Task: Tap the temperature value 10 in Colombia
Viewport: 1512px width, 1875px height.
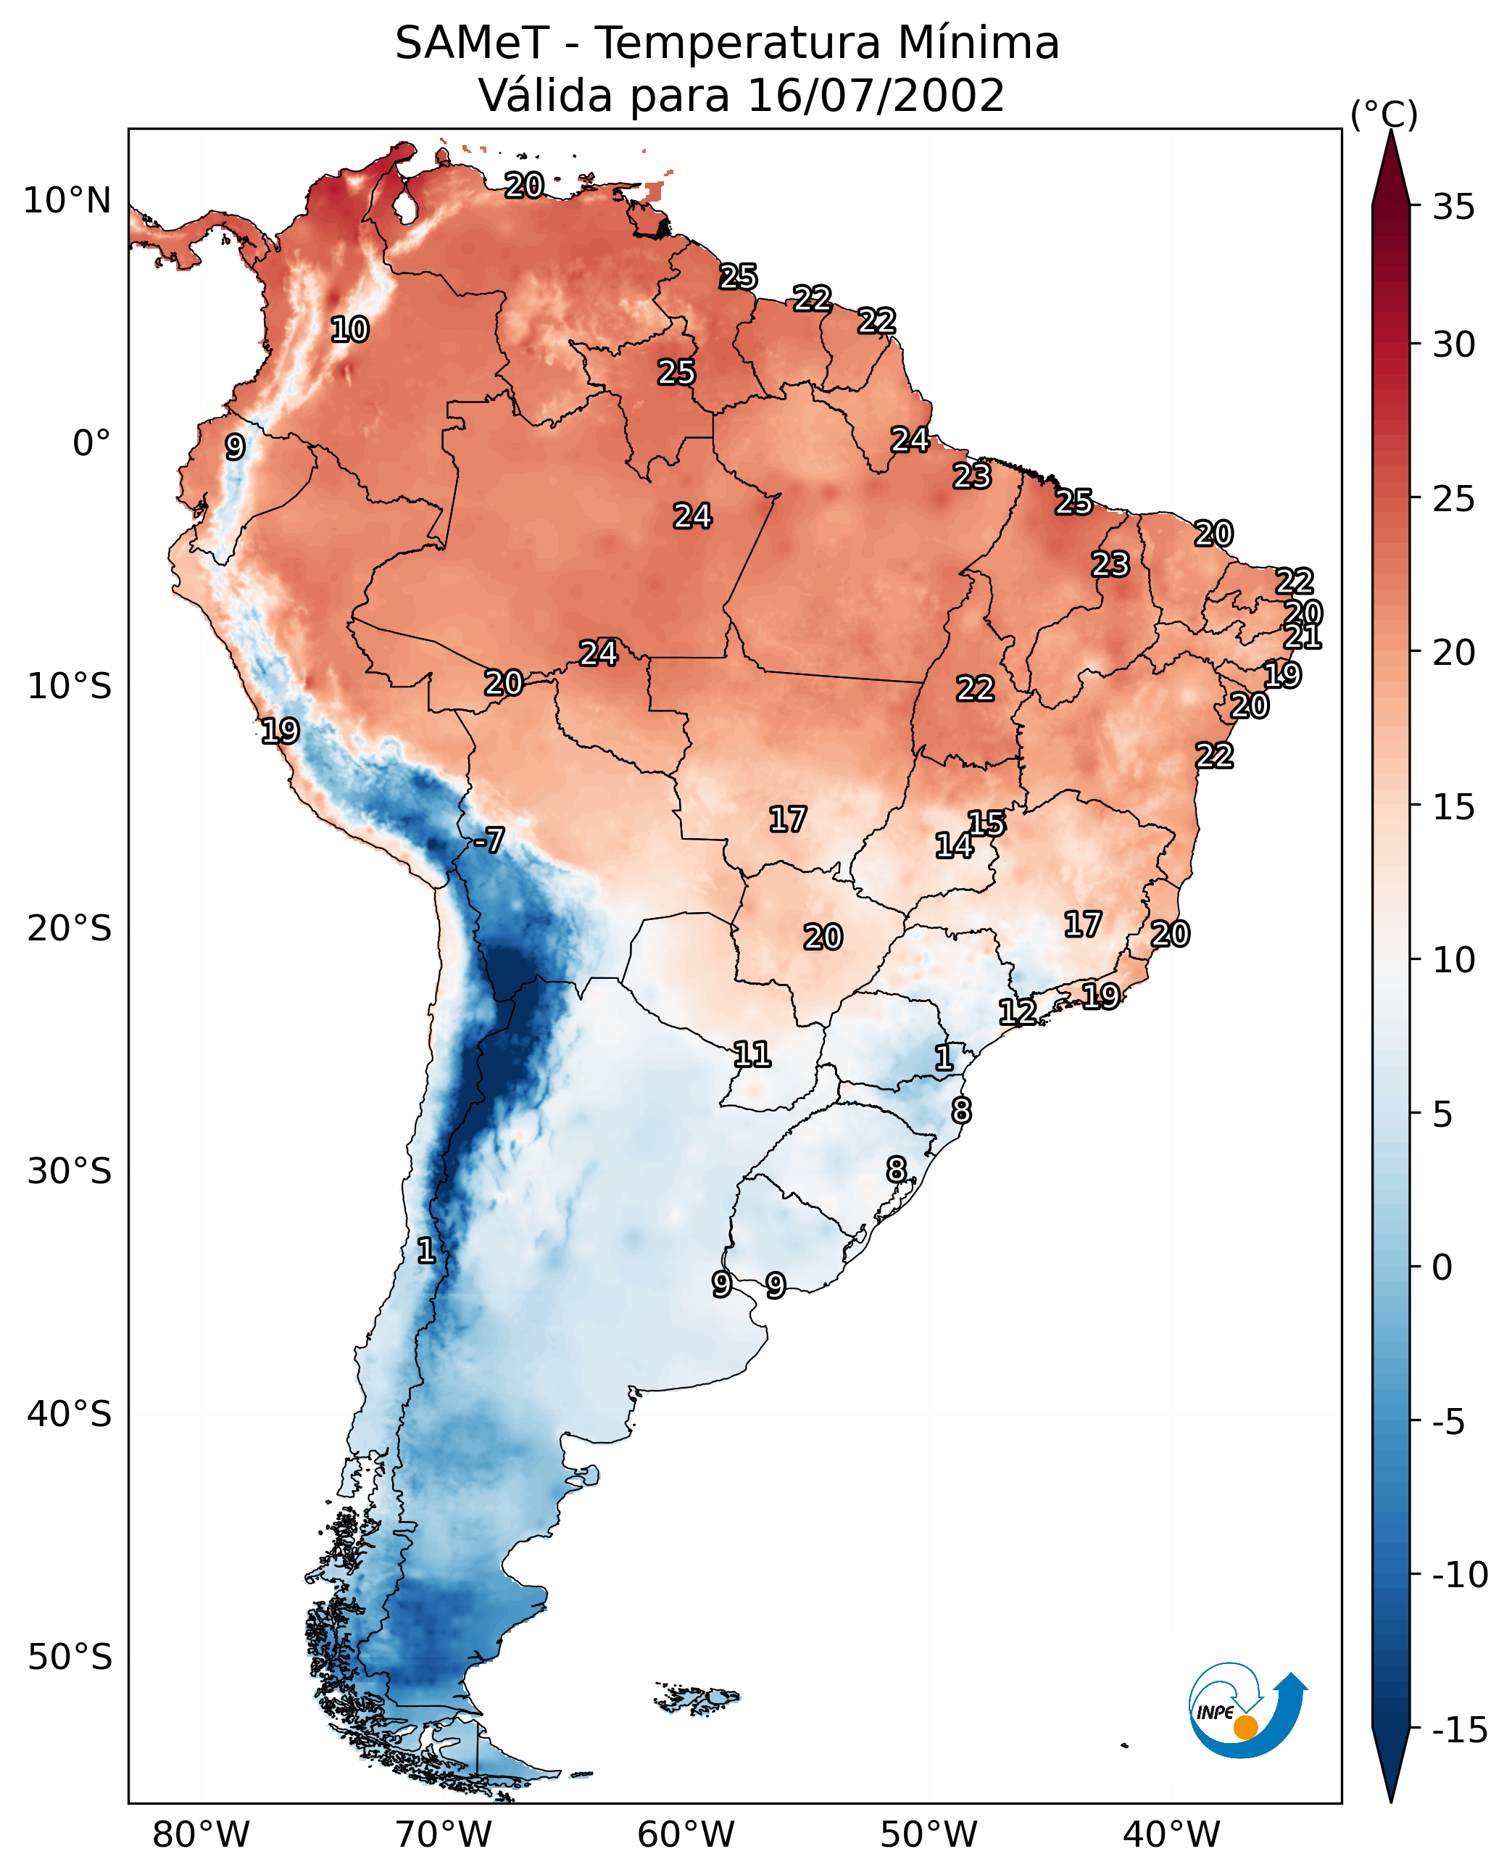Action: [350, 330]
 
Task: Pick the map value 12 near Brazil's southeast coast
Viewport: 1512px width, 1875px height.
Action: [1017, 1012]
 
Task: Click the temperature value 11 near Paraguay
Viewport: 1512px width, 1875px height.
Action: [752, 1055]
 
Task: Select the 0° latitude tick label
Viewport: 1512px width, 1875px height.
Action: [91, 444]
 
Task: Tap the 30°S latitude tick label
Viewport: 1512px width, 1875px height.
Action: [70, 1172]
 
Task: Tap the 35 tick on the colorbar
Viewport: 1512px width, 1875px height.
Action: [1453, 207]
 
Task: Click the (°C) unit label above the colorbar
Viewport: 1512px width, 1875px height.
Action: [1384, 114]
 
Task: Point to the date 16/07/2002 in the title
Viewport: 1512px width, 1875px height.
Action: [876, 96]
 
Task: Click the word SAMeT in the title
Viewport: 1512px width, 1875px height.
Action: [471, 44]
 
